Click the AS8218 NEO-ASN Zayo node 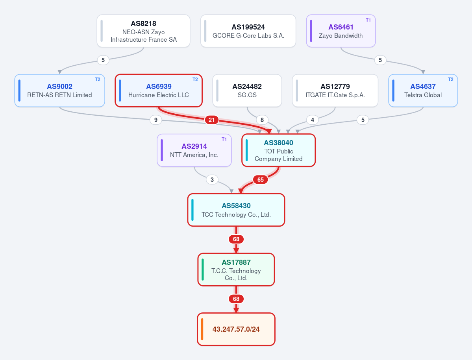pyautogui.click(x=143, y=31)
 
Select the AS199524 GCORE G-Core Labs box pyautogui.click(x=248, y=31)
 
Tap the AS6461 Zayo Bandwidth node pyautogui.click(x=341, y=31)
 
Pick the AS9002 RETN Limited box pyautogui.click(x=59, y=90)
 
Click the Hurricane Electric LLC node pyautogui.click(x=159, y=90)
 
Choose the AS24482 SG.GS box pyautogui.click(x=247, y=90)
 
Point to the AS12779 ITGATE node pyautogui.click(x=335, y=90)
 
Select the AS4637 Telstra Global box pyautogui.click(x=423, y=90)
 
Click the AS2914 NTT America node pyautogui.click(x=194, y=150)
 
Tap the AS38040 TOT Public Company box pyautogui.click(x=278, y=150)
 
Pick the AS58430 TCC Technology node pyautogui.click(x=236, y=210)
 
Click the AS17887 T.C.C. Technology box pyautogui.click(x=236, y=270)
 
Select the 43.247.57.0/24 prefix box pyautogui.click(x=236, y=329)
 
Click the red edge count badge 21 pyautogui.click(x=212, y=120)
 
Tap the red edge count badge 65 pyautogui.click(x=260, y=179)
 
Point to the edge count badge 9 pyautogui.click(x=155, y=120)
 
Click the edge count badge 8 pyautogui.click(x=262, y=120)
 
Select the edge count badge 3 pyautogui.click(x=212, y=179)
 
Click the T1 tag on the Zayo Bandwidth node pyautogui.click(x=368, y=20)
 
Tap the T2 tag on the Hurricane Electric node pyautogui.click(x=195, y=79)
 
